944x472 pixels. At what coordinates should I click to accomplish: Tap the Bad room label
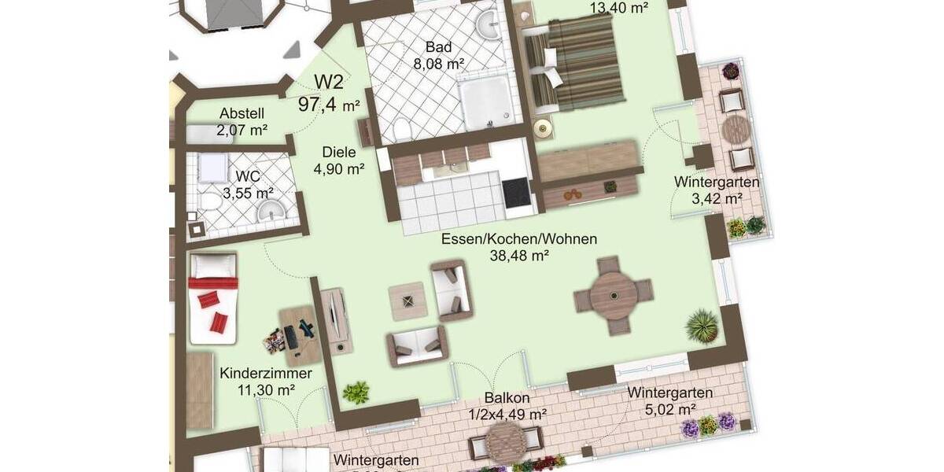click(x=438, y=47)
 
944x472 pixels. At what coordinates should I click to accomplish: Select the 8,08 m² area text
click(x=438, y=64)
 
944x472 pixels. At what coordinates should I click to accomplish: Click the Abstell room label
click(x=242, y=112)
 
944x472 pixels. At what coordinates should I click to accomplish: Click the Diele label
click(x=339, y=153)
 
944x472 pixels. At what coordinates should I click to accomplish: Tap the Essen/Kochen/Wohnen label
click(x=518, y=239)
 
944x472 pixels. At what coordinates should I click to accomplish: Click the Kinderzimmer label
click(x=266, y=373)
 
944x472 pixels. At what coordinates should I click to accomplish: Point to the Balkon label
click(x=507, y=398)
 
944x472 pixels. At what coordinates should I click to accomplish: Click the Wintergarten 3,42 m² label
click(x=717, y=183)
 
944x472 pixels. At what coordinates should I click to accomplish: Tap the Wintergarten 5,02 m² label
click(x=670, y=393)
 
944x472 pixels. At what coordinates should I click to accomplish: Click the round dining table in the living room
click(x=614, y=295)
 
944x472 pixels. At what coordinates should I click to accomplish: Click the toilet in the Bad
click(x=401, y=128)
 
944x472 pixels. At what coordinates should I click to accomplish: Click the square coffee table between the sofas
click(x=409, y=301)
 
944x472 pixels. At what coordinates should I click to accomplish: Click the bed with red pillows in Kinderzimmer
click(x=212, y=299)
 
